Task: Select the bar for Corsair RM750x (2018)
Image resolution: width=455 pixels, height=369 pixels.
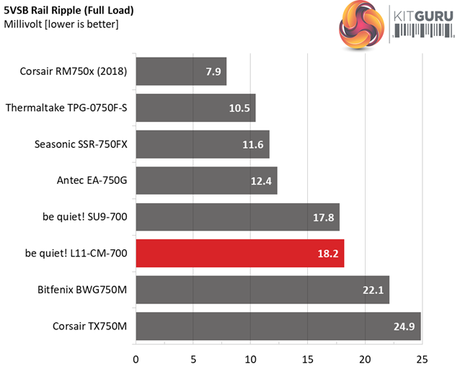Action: [x=181, y=71]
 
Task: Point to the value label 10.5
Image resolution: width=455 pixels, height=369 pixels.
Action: [x=237, y=108]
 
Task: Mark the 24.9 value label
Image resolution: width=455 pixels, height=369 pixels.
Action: [x=403, y=326]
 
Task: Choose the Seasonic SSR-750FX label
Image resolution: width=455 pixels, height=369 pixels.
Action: [x=81, y=144]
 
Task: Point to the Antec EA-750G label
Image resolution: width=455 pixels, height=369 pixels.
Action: [x=92, y=181]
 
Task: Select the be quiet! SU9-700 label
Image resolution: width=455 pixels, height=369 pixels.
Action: [x=84, y=217]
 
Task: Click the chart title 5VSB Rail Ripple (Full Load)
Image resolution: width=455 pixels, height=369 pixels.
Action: [x=69, y=11]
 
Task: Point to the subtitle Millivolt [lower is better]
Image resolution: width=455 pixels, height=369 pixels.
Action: [x=61, y=25]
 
